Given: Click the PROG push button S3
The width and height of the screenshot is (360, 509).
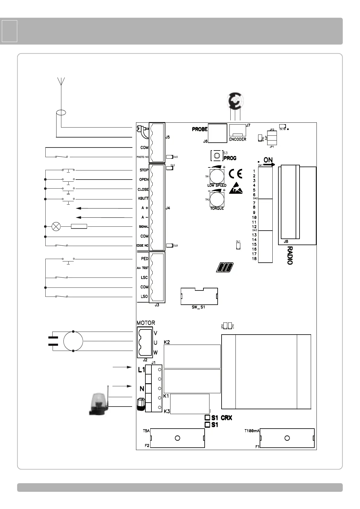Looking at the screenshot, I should point(216,156).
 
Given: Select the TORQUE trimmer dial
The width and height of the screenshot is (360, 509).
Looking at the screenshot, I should point(217,199).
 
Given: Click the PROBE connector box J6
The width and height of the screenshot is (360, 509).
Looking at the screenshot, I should point(217,133).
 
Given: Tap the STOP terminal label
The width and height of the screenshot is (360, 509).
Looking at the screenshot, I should point(144,170).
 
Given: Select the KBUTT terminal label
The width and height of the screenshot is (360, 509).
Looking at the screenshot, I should point(143,199).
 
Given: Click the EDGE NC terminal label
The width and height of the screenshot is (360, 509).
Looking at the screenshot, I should point(142,245).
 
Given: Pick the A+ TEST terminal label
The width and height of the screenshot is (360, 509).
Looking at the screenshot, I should point(142,268).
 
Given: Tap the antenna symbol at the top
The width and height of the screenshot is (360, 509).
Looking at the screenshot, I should point(61,82).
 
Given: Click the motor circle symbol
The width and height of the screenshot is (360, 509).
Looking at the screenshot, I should point(73,341).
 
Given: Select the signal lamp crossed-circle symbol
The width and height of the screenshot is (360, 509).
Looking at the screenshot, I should point(56,226).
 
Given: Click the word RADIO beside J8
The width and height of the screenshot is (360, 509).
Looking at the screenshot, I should point(290,255).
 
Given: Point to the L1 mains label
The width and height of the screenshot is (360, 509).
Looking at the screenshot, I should point(141,369).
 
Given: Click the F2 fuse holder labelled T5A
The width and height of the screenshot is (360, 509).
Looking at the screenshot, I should point(177,438).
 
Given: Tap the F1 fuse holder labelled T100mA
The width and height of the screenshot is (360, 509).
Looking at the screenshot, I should point(287,438).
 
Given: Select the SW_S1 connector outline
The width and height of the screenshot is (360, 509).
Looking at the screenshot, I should point(199,297).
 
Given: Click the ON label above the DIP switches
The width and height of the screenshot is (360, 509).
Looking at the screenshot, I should point(268,160).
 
